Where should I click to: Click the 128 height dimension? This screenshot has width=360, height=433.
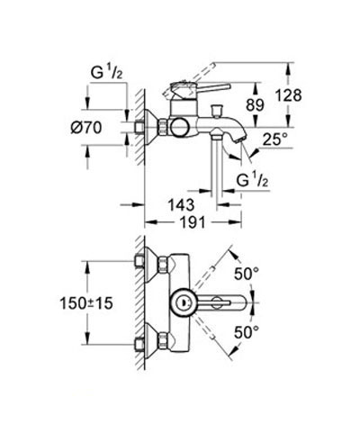(x=288, y=95)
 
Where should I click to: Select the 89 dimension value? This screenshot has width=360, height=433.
(x=255, y=105)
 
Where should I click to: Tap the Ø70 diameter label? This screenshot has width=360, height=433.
(x=86, y=128)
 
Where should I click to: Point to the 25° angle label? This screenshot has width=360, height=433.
(x=275, y=140)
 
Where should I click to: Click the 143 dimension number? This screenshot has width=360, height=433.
(x=181, y=205)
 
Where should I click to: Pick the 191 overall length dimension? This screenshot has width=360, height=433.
(x=193, y=222)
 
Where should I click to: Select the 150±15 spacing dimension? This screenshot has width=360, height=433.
(x=86, y=303)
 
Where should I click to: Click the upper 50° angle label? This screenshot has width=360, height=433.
(x=247, y=274)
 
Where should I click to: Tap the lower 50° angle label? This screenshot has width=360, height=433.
(x=247, y=332)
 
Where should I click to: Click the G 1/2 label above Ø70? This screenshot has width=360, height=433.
(x=106, y=73)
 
